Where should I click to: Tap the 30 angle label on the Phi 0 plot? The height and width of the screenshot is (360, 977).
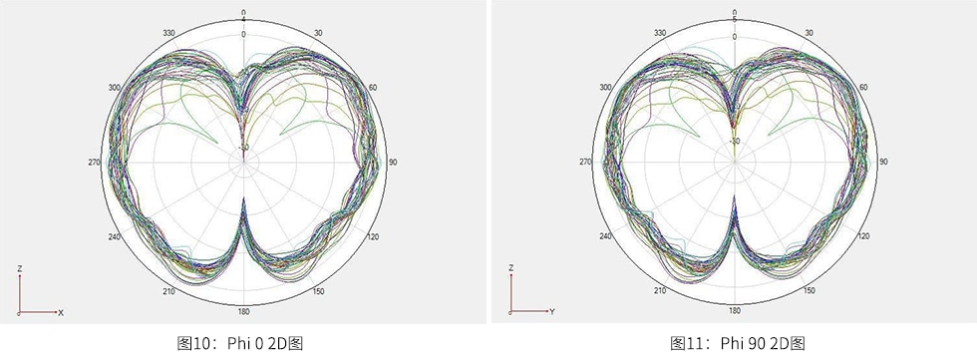coord(318,33)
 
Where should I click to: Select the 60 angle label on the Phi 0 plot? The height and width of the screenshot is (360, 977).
coord(373,88)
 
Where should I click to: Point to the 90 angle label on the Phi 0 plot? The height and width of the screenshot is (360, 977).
coord(393,163)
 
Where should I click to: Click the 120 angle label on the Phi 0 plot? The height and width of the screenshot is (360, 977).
coord(374,237)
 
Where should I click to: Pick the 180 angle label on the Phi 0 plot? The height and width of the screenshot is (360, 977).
coord(243,311)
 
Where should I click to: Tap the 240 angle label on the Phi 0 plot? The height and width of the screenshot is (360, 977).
coord(114,237)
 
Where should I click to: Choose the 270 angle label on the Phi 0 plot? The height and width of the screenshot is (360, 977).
coord(94,163)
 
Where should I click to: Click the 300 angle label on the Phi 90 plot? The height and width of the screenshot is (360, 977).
coord(605,88)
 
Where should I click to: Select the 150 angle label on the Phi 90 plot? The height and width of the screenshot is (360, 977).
coord(810,291)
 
